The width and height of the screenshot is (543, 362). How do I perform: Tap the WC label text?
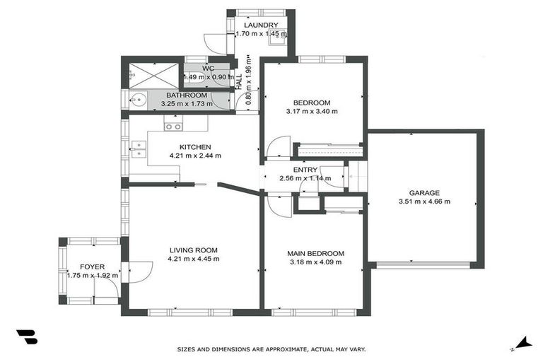tap(208, 69)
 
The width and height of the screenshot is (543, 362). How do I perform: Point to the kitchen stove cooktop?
tap(173, 127)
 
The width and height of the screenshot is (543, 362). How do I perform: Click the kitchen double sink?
tap(139, 148)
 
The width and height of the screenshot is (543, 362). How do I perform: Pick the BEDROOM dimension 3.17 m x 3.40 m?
tap(312, 111)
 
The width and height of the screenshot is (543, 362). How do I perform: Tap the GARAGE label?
tap(424, 192)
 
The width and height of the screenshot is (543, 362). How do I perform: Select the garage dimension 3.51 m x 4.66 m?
tap(424, 201)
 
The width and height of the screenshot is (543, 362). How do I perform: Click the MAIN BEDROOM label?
tap(315, 254)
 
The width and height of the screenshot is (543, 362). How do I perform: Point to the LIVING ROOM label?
tap(193, 250)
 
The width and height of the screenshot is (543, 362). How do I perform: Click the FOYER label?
tap(92, 267)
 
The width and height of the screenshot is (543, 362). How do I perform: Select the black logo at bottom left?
tap(26, 337)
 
